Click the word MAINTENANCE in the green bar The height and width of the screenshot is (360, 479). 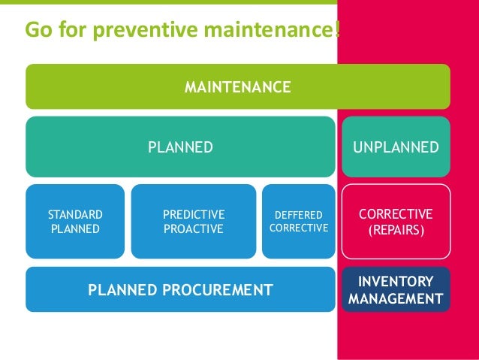coord(238,88)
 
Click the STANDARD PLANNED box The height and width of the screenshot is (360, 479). coord(75,221)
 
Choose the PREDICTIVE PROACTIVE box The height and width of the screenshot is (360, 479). coord(194,221)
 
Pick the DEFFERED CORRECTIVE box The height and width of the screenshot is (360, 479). coord(299,221)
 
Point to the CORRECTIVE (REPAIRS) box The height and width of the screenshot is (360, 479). coord(396,221)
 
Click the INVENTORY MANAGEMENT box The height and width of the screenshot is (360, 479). coord(396,290)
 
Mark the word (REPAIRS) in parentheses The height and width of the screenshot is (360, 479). coord(396,228)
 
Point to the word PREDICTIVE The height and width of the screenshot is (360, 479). coord(194,214)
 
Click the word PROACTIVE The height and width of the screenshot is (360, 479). coord(194,228)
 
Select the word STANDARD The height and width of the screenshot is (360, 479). coord(75,214)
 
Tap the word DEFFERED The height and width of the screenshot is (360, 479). coord(299,215)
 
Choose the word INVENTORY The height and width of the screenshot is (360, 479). coord(396,282)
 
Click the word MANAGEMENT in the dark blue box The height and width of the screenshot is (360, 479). coord(396,299)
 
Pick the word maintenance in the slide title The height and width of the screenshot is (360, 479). coord(259,31)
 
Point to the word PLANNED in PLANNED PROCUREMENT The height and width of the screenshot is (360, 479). coord(120,289)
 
